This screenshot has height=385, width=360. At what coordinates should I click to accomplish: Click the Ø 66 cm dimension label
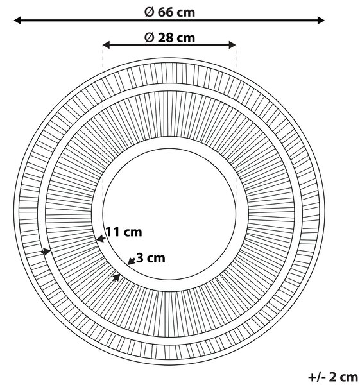pyautogui.click(x=169, y=12)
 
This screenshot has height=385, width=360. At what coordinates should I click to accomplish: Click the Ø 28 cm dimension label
pyautogui.click(x=169, y=38)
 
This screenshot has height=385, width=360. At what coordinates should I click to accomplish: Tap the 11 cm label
pyautogui.click(x=124, y=232)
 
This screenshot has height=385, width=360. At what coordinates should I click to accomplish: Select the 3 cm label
pyautogui.click(x=151, y=258)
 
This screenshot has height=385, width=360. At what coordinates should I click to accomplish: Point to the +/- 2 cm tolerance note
pyautogui.click(x=333, y=377)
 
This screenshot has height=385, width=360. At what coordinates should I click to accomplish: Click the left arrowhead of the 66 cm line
pyautogui.click(x=18, y=21)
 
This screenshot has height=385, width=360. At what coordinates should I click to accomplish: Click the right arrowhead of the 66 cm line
pyautogui.click(x=321, y=21)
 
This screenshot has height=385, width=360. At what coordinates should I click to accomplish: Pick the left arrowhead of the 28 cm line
pyautogui.click(x=107, y=45)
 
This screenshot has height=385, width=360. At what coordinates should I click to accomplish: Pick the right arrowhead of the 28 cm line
pyautogui.click(x=232, y=45)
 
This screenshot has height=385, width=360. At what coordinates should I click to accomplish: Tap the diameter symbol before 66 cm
pyautogui.click(x=149, y=12)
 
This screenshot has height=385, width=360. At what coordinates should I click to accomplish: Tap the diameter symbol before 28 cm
pyautogui.click(x=149, y=38)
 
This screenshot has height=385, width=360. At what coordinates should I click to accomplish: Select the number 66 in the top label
pyautogui.click(x=166, y=12)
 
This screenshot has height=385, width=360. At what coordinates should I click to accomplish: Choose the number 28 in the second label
pyautogui.click(x=166, y=38)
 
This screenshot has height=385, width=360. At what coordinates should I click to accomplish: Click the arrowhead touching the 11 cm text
pyautogui.click(x=101, y=239)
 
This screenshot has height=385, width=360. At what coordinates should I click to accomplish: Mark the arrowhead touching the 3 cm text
pyautogui.click(x=132, y=261)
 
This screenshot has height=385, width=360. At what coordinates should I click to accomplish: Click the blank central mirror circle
pyautogui.click(x=169, y=214)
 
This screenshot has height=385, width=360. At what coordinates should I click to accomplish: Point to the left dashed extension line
pyautogui.click(x=103, y=123)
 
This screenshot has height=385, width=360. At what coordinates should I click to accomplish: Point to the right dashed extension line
pyautogui.click(x=236, y=123)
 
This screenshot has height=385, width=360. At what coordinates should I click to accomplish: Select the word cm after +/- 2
pyautogui.click(x=349, y=377)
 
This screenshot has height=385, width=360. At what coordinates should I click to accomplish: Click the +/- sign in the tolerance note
pyautogui.click(x=317, y=377)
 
